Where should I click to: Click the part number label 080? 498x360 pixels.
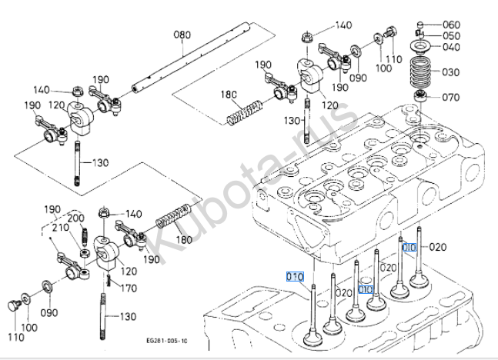[x=182, y=35]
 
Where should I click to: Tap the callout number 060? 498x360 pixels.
[x=451, y=24]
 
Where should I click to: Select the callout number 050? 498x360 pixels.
[x=451, y=36]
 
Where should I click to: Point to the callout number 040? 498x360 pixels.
[x=451, y=47]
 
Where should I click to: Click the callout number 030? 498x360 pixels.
[x=451, y=72]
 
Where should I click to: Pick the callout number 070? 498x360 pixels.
[x=451, y=98]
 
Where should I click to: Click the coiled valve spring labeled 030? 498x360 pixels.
[x=422, y=74]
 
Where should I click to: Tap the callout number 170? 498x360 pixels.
[x=129, y=288]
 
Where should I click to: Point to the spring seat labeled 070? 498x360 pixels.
[x=422, y=96]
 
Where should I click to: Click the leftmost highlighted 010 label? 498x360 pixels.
[x=296, y=276]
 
